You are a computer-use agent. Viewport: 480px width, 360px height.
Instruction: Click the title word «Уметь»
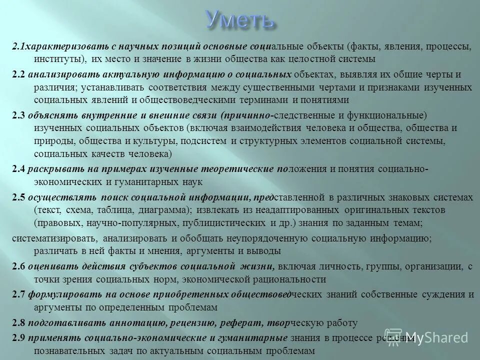click(x=240, y=20)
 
